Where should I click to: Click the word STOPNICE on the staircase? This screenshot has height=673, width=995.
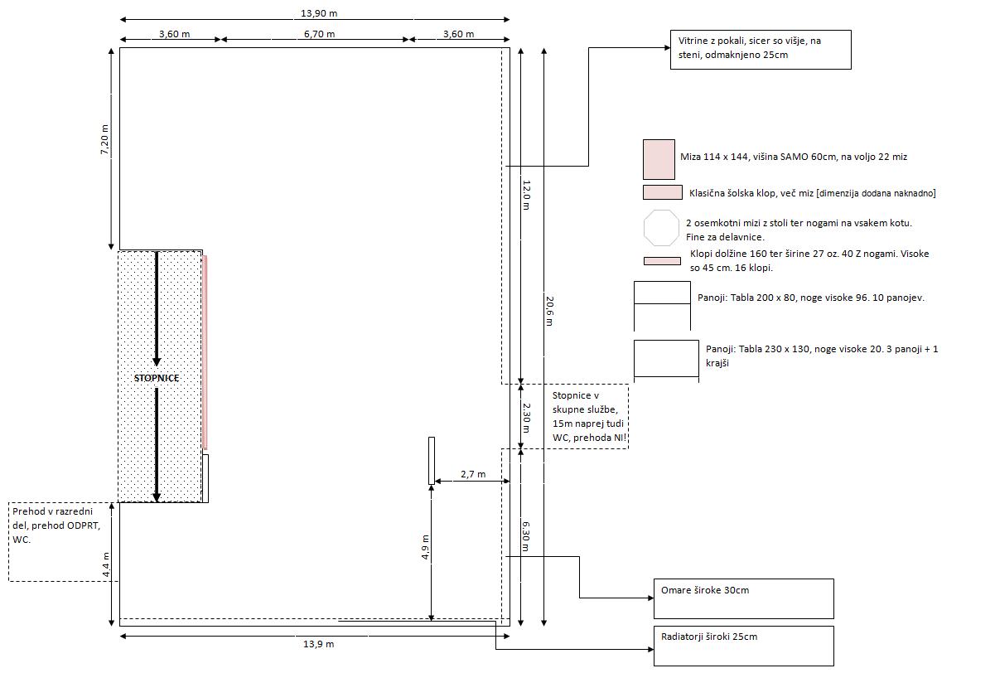[157, 378]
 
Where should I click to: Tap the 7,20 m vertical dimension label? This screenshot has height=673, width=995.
[104, 140]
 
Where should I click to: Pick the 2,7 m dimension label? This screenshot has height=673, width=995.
[472, 475]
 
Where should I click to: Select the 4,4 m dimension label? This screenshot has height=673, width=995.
[105, 565]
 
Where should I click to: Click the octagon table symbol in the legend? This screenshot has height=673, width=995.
[660, 229]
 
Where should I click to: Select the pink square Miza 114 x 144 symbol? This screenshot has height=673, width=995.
[659, 159]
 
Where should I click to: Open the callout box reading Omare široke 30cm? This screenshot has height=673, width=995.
[743, 598]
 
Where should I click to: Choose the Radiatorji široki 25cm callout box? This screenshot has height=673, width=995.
[743, 646]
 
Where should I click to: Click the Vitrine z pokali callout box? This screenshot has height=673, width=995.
[760, 50]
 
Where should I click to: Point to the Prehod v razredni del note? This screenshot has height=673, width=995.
[60, 540]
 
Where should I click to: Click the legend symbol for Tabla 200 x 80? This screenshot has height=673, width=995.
[662, 304]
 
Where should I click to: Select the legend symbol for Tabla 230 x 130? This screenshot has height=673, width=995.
[666, 359]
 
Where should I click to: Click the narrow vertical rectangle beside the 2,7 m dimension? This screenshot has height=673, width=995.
[432, 460]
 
